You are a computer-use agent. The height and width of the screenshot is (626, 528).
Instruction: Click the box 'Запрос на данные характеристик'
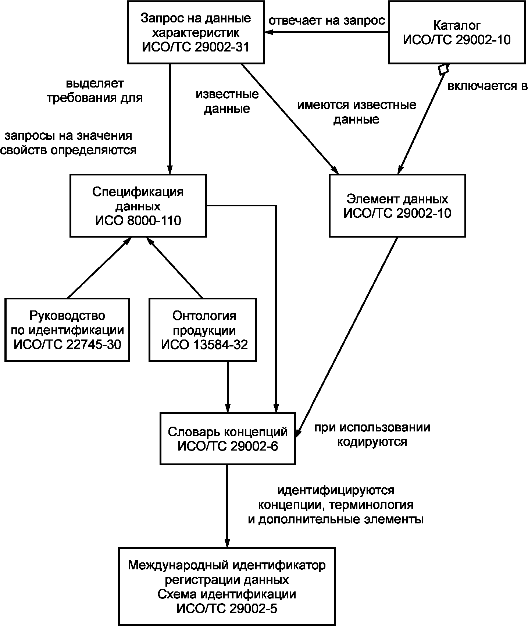coord(196,32)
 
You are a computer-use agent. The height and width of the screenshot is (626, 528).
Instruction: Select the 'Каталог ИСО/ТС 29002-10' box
coord(457,32)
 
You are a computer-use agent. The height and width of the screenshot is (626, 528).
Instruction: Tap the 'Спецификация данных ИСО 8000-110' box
coord(138,206)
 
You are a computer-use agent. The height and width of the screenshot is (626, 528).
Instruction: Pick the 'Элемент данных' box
coord(397,206)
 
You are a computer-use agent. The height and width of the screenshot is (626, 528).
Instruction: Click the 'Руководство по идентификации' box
coord(67,330)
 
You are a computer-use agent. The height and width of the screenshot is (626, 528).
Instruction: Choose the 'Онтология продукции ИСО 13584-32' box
coord(203,330)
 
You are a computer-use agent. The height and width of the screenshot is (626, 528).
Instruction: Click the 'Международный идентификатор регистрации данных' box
coord(227,586)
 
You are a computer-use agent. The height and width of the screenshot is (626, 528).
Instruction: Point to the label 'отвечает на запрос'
coord(327,20)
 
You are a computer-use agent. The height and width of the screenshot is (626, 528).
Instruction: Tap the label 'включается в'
coord(488,86)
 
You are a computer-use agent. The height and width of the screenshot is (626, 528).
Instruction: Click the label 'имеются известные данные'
coord(357,112)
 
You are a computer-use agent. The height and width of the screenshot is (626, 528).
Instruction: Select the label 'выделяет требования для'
coord(94,91)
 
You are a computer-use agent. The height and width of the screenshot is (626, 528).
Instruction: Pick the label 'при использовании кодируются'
coord(372,434)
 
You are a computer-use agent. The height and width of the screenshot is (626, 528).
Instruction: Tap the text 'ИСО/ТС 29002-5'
coord(227,609)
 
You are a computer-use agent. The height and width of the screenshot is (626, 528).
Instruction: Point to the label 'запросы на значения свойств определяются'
coord(68,143)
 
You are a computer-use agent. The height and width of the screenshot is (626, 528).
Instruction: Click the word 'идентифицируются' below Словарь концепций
coord(336,490)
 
